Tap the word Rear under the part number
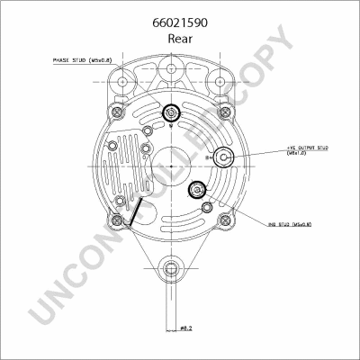tap(180, 40)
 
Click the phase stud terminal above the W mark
tap(170, 112)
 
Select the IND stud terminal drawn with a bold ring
tap(195, 189)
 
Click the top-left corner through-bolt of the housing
tap(115, 112)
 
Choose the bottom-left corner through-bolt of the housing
tap(115, 221)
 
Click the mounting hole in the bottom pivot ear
tap(170, 267)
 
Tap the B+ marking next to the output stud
tap(210, 158)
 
